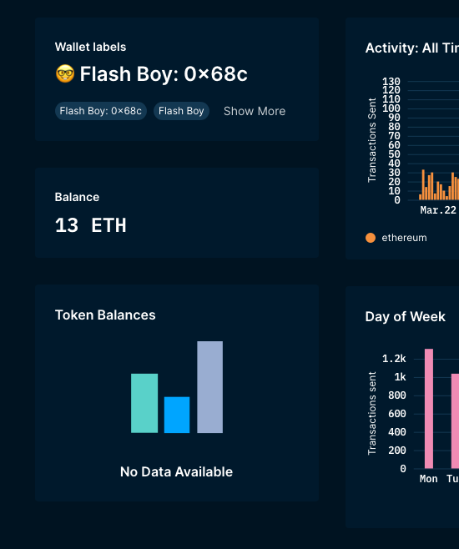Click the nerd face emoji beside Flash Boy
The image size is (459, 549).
(x=65, y=74)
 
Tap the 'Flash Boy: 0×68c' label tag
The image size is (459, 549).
(x=101, y=111)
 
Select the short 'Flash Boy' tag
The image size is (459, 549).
(x=181, y=111)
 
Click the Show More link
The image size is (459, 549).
(x=255, y=111)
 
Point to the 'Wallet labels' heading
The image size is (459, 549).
(x=90, y=48)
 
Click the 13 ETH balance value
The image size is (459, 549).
(x=90, y=225)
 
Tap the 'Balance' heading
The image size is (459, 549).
(x=77, y=198)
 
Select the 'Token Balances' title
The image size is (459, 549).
(x=105, y=315)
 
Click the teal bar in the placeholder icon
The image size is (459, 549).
(x=144, y=403)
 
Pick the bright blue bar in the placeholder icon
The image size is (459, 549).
(x=177, y=415)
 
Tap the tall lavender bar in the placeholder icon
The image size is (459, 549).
(x=209, y=387)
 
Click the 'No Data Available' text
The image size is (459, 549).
(x=176, y=472)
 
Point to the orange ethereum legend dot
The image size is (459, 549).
(x=371, y=238)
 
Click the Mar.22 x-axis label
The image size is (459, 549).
(x=438, y=210)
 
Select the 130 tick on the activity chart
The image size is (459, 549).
(x=391, y=82)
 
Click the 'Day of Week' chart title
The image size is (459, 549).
(x=405, y=317)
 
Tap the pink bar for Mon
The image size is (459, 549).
(x=429, y=409)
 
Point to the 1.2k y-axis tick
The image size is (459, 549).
(x=394, y=359)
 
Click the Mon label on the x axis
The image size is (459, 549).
(x=429, y=479)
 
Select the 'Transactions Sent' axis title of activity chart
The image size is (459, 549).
(x=372, y=140)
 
